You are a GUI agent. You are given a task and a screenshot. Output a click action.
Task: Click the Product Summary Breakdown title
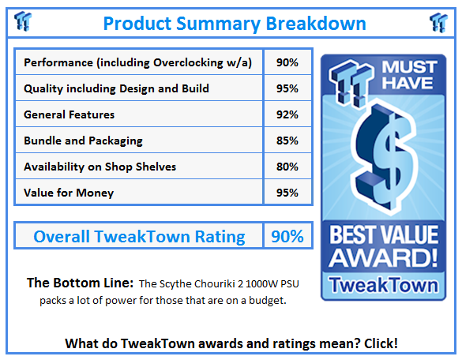tap(235, 24)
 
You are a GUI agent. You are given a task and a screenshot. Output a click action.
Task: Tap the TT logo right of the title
tap(438, 23)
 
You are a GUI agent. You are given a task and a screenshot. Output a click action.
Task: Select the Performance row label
tap(138, 62)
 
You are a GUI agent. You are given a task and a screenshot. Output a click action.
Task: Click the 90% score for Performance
tap(287, 62)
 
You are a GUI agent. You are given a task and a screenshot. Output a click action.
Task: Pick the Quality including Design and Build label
tap(116, 88)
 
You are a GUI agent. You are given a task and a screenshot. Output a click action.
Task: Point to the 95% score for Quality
tap(287, 88)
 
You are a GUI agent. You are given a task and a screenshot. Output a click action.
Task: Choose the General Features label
tap(69, 114)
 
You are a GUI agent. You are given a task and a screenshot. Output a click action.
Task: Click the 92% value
tap(287, 114)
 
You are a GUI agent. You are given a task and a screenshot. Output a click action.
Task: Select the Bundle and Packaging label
tap(83, 141)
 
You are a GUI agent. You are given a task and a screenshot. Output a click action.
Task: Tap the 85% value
tap(287, 141)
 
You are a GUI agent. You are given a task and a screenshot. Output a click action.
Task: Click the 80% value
tap(287, 167)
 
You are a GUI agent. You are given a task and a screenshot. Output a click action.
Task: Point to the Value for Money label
tap(69, 193)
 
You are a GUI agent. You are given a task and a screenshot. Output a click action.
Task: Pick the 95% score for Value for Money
tap(287, 193)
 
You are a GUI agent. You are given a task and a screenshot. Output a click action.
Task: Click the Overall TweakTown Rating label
tap(139, 236)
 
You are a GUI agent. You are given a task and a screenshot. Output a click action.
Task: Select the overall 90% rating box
tap(287, 236)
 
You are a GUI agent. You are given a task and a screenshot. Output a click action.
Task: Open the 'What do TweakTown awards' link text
tap(231, 343)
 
